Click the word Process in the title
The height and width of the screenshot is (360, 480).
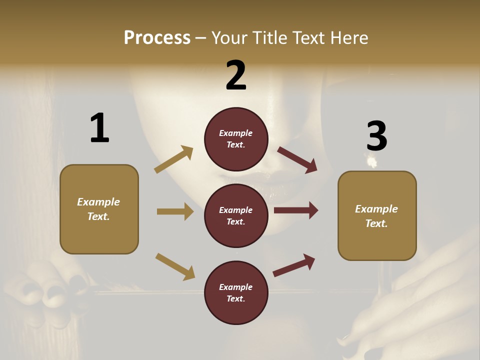[157, 38]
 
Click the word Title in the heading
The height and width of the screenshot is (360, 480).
[267, 38]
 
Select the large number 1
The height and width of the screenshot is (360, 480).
[99, 128]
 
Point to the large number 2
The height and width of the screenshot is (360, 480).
[236, 75]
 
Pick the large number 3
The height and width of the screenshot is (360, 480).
[376, 136]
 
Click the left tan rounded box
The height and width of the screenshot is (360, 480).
[99, 209]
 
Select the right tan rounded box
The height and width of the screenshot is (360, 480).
[377, 216]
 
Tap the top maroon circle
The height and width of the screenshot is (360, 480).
[236, 139]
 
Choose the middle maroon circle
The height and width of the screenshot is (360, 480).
[236, 216]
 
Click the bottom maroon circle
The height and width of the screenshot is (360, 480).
[236, 293]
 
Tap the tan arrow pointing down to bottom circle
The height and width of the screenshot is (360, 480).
[175, 266]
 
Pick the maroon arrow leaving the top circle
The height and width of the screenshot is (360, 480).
[297, 160]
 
